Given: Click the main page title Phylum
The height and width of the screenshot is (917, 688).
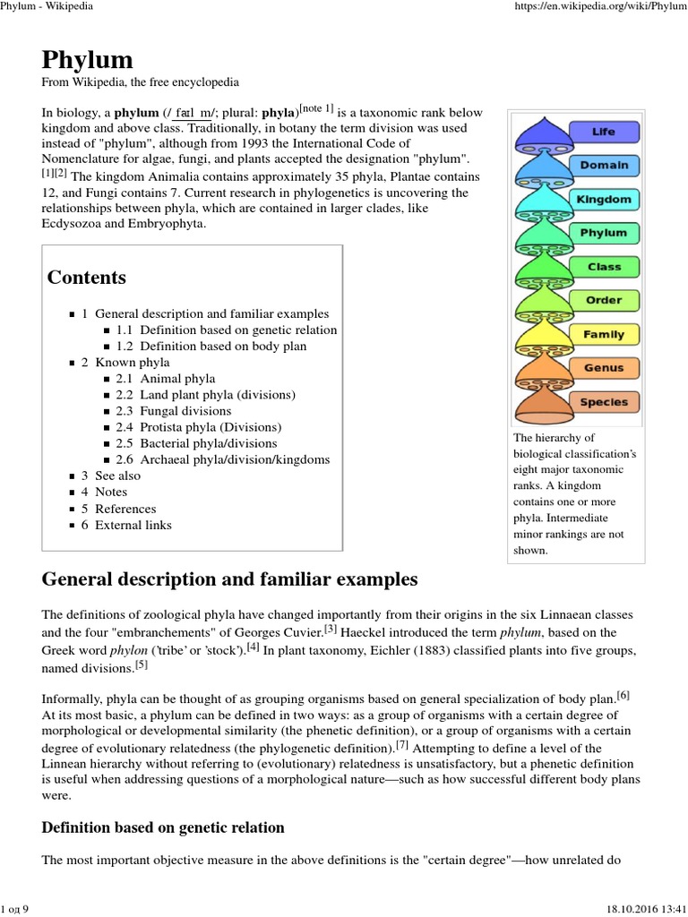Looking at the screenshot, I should [x=88, y=60].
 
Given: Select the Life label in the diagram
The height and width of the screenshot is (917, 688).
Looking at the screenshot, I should [x=603, y=132].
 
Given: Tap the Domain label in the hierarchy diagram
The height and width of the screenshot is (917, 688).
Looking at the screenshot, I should [x=603, y=166].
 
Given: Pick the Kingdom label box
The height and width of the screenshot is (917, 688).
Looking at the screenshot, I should [x=604, y=199].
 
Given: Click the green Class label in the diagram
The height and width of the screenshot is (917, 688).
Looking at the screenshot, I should [x=604, y=267].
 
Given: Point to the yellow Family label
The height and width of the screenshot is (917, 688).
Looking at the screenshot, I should [x=604, y=334].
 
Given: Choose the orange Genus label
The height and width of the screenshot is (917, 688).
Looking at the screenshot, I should [x=604, y=368].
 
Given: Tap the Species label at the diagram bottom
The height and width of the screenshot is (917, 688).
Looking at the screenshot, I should [x=604, y=402].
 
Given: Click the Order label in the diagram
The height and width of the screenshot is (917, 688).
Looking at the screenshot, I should [x=604, y=300].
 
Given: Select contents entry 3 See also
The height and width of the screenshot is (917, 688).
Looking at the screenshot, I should [x=117, y=476].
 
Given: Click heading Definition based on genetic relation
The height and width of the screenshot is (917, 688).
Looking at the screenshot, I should [x=163, y=827].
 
